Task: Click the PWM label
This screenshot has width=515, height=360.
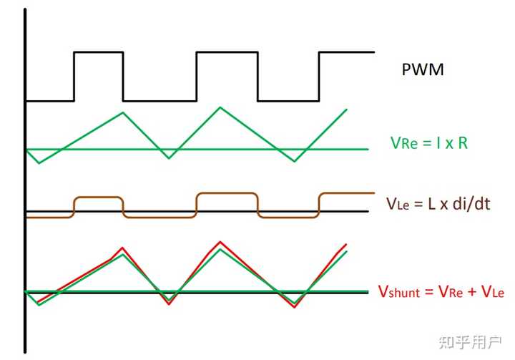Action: coord(423,70)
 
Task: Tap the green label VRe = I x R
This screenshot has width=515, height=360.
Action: coord(429,142)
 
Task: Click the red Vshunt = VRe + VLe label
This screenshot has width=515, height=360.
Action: coord(441,291)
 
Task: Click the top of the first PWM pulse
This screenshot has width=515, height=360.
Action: coord(99,52)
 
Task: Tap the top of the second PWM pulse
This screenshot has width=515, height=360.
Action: coord(227,52)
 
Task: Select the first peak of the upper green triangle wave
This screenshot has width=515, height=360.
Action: coord(123,112)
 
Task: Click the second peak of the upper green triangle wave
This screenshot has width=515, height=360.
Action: coord(220,107)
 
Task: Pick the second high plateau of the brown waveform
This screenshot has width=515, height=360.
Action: coord(227,193)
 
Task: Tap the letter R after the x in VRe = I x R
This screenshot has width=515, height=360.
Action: coord(463,142)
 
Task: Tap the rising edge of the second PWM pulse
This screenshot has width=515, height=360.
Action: coord(197,75)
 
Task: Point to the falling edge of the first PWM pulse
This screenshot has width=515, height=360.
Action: coord(123,75)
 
